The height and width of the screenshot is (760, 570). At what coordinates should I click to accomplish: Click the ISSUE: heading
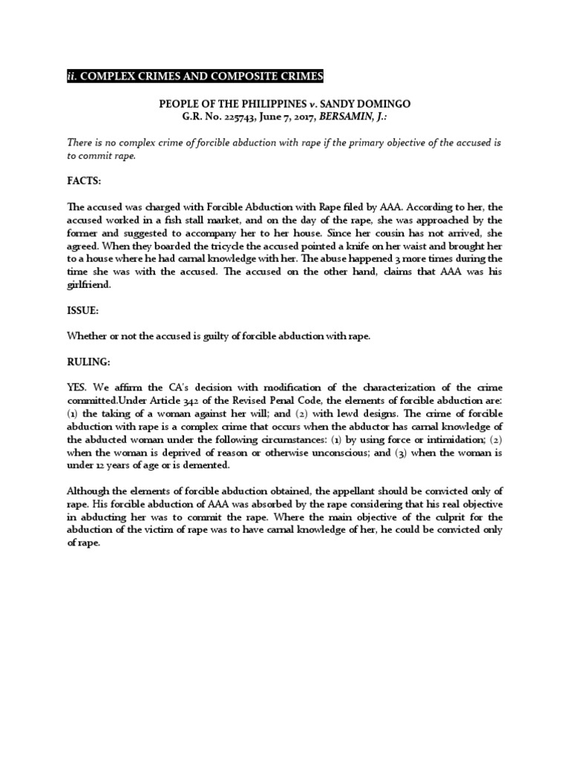85,311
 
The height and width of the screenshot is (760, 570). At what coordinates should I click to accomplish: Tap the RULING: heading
89,363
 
